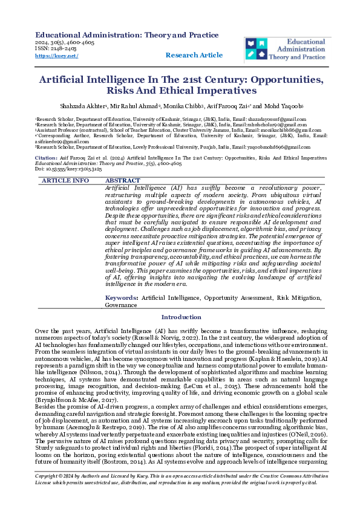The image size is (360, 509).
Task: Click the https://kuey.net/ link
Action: [x=57, y=56]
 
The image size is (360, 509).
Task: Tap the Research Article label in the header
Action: [x=194, y=56]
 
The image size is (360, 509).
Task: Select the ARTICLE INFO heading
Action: [x=64, y=181]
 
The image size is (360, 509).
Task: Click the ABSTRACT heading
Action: [x=122, y=181]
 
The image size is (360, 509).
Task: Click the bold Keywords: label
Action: [x=122, y=298]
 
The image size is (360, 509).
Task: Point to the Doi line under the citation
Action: [x=66, y=169]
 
